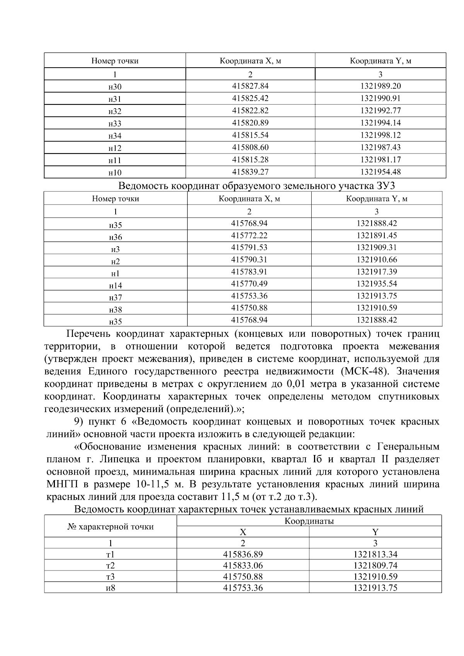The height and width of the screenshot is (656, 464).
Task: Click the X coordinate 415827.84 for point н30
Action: pos(250,86)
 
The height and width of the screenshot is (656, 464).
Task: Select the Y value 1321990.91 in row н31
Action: pos(380,98)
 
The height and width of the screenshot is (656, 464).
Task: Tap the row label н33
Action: pos(115,124)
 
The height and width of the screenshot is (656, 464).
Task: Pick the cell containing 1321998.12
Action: pos(380,135)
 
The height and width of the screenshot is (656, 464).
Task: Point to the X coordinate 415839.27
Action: pos(250,172)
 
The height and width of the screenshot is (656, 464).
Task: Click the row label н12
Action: pos(115,148)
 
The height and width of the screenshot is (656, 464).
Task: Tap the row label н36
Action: pos(115,237)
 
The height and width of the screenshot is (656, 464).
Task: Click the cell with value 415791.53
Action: pos(249,247)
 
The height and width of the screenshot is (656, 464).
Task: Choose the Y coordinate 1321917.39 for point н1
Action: pos(377,272)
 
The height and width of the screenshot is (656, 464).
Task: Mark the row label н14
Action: pos(115,286)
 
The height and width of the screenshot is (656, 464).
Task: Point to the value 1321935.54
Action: pos(377,284)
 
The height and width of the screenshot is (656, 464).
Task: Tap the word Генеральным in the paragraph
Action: pos(408,447)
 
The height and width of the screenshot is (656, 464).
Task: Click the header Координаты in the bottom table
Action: pos(309,521)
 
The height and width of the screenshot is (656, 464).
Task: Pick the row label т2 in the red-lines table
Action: pos(111,566)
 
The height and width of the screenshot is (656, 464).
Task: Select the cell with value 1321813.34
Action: pos(375,554)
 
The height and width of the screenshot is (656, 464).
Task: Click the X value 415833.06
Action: pos(243,566)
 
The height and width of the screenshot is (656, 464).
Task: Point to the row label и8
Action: pos(111,588)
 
